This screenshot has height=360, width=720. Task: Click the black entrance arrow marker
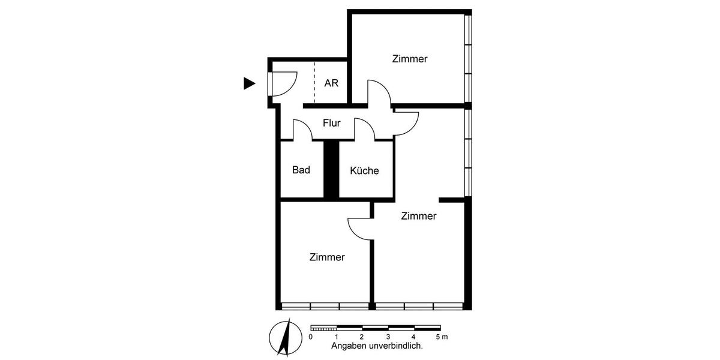click(x=249, y=84)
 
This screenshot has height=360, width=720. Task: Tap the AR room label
click(x=331, y=83)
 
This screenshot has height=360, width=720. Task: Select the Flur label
click(x=332, y=124)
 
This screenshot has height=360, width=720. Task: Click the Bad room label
click(x=301, y=170)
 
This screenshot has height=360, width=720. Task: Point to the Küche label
click(x=364, y=170)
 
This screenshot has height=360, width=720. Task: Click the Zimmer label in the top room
click(x=410, y=59)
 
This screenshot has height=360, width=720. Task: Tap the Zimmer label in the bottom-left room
click(x=327, y=257)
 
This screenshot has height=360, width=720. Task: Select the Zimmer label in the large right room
click(x=419, y=216)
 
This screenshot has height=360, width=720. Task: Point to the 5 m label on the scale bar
click(x=440, y=337)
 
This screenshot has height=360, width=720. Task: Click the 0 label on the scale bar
click(x=310, y=337)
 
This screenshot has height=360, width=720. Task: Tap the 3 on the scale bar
click(x=388, y=337)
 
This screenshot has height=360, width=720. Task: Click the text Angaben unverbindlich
click(x=377, y=346)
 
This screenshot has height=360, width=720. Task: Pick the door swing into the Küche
click(x=364, y=129)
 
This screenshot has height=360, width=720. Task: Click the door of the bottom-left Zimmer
click(x=360, y=228)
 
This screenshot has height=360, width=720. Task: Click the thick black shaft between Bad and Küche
click(x=331, y=170)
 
